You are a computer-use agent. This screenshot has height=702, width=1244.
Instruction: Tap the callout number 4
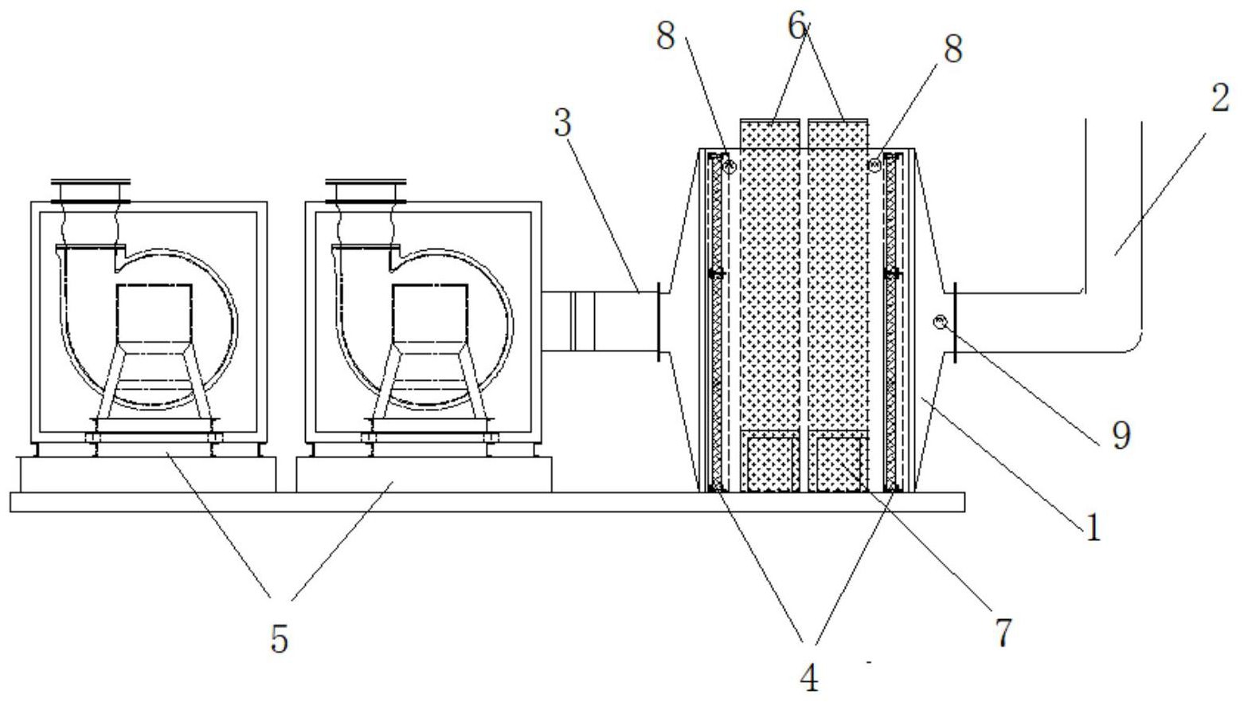click(x=809, y=677)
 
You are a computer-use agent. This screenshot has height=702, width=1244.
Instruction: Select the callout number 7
click(x=1003, y=632)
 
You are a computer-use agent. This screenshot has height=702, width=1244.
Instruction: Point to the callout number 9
click(x=1121, y=435)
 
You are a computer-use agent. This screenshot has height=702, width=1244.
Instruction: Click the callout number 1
click(x=1093, y=527)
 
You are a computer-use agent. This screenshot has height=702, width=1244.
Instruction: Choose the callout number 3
click(x=563, y=124)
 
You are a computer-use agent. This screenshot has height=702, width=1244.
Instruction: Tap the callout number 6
click(x=799, y=27)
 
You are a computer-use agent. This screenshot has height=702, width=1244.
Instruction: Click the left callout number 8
click(x=666, y=35)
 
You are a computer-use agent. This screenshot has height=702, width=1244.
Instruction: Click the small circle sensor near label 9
click(x=941, y=321)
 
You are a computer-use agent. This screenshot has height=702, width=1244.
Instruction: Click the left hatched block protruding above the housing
click(x=769, y=132)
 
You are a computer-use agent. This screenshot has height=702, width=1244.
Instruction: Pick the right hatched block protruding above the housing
click(x=838, y=132)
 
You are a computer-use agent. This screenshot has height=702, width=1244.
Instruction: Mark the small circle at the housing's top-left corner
click(x=729, y=167)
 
